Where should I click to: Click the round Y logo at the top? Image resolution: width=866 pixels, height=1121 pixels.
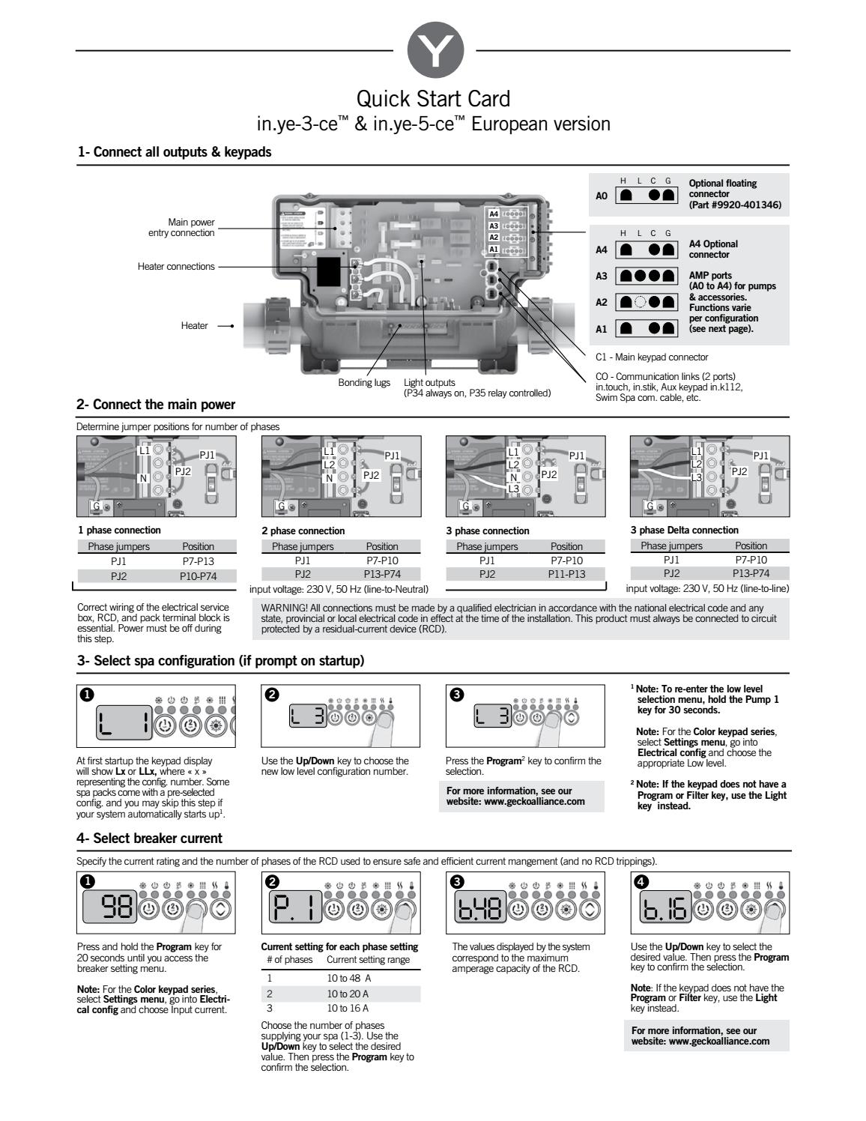[434, 50]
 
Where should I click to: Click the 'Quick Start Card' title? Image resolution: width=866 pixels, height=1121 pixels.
[433, 99]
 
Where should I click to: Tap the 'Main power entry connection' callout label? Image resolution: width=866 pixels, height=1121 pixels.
[181, 227]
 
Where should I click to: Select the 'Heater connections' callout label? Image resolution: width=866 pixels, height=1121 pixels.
[176, 266]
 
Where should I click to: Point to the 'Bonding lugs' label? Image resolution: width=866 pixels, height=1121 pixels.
[364, 382]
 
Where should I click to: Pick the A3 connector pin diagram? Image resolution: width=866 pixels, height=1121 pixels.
[644, 276]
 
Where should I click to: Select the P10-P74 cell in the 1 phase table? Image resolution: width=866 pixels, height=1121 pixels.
[197, 575]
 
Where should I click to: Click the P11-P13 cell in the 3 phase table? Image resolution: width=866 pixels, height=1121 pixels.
[566, 574]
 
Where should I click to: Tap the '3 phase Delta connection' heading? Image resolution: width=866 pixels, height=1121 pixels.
[684, 530]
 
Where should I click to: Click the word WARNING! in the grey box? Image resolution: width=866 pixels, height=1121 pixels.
[285, 608]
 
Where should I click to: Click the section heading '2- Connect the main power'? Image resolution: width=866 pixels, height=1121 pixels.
[156, 405]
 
